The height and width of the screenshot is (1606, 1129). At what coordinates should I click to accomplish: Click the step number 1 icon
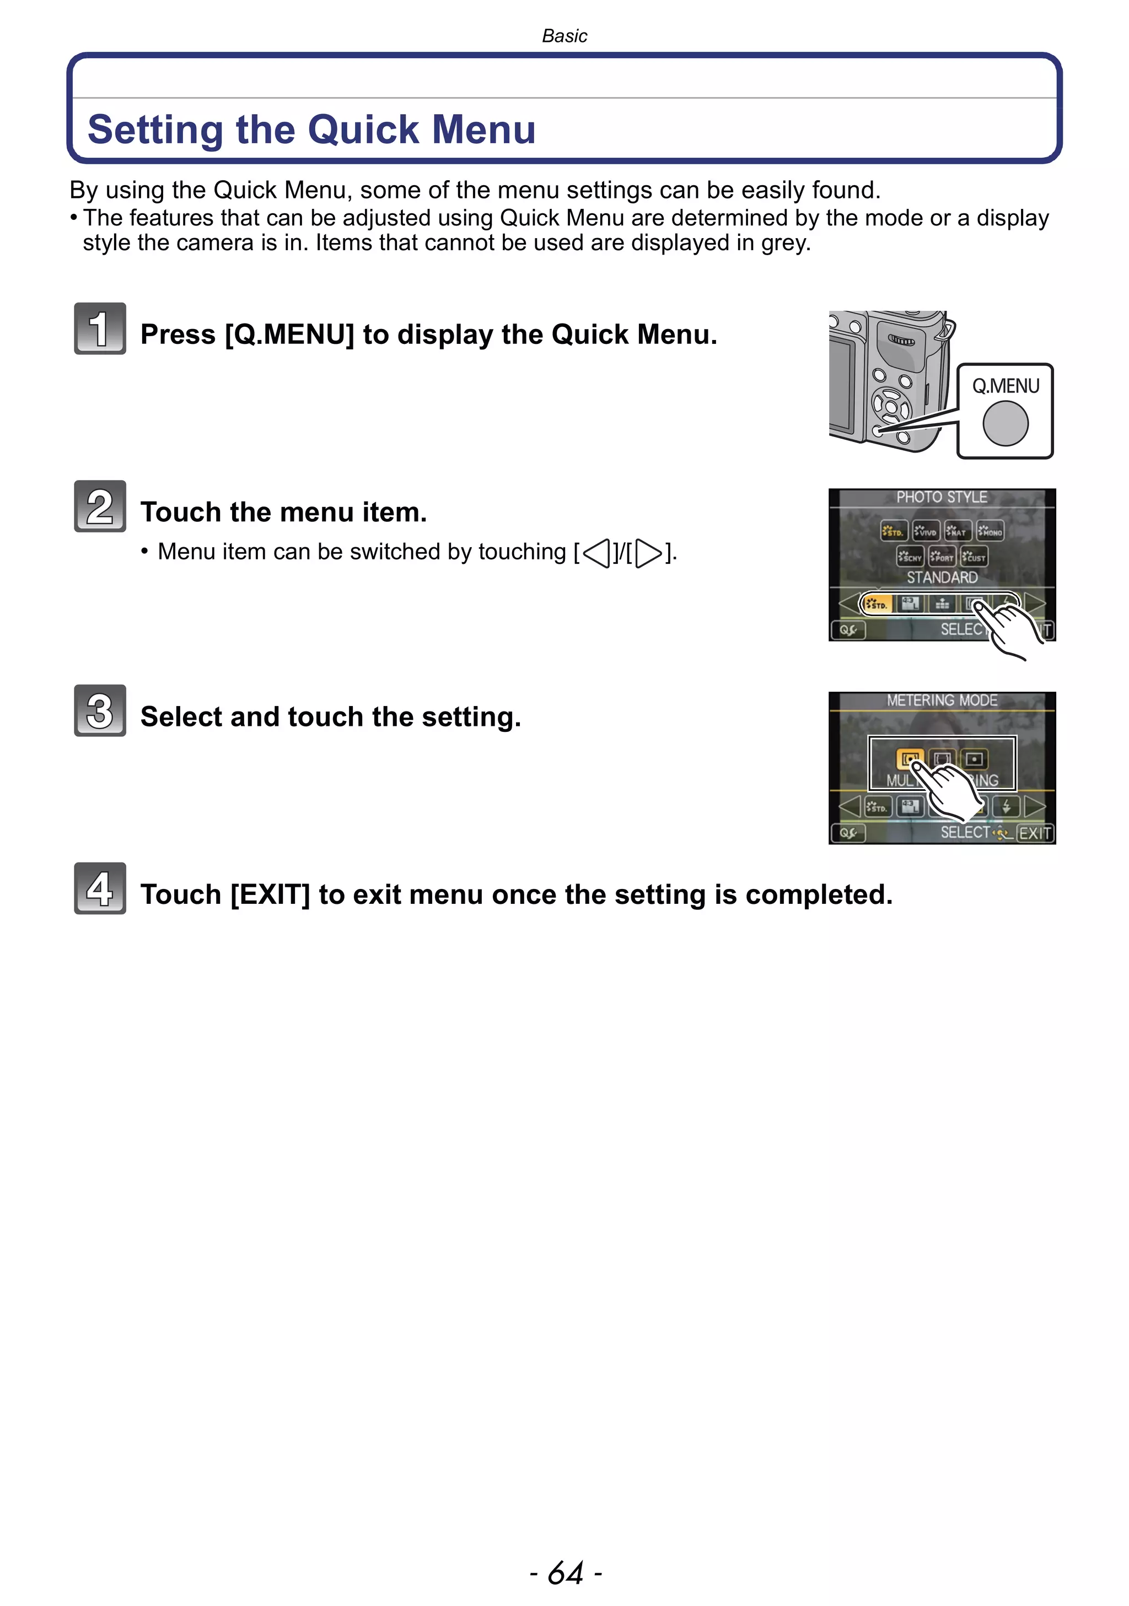(x=100, y=329)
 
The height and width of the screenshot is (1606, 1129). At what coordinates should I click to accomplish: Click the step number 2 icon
(x=100, y=506)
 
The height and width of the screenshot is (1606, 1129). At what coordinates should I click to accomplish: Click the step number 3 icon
(x=100, y=710)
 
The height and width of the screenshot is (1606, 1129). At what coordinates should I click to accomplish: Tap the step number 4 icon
(x=100, y=888)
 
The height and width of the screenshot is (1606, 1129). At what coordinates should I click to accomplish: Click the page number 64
(x=565, y=1573)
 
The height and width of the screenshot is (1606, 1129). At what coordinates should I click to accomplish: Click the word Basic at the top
(x=564, y=36)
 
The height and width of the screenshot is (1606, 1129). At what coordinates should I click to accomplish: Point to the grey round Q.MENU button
(x=1005, y=423)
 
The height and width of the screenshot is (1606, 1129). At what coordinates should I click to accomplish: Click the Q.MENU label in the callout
(x=1005, y=386)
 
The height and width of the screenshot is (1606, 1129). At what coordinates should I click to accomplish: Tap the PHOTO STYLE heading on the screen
(x=942, y=497)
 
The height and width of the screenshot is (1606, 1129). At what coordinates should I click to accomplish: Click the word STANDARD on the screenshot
(x=942, y=577)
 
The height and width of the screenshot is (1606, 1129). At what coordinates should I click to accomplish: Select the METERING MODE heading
(x=942, y=700)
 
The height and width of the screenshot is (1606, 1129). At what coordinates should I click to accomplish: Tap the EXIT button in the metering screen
(x=1035, y=833)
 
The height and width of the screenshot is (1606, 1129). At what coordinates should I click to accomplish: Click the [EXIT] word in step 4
(x=270, y=894)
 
